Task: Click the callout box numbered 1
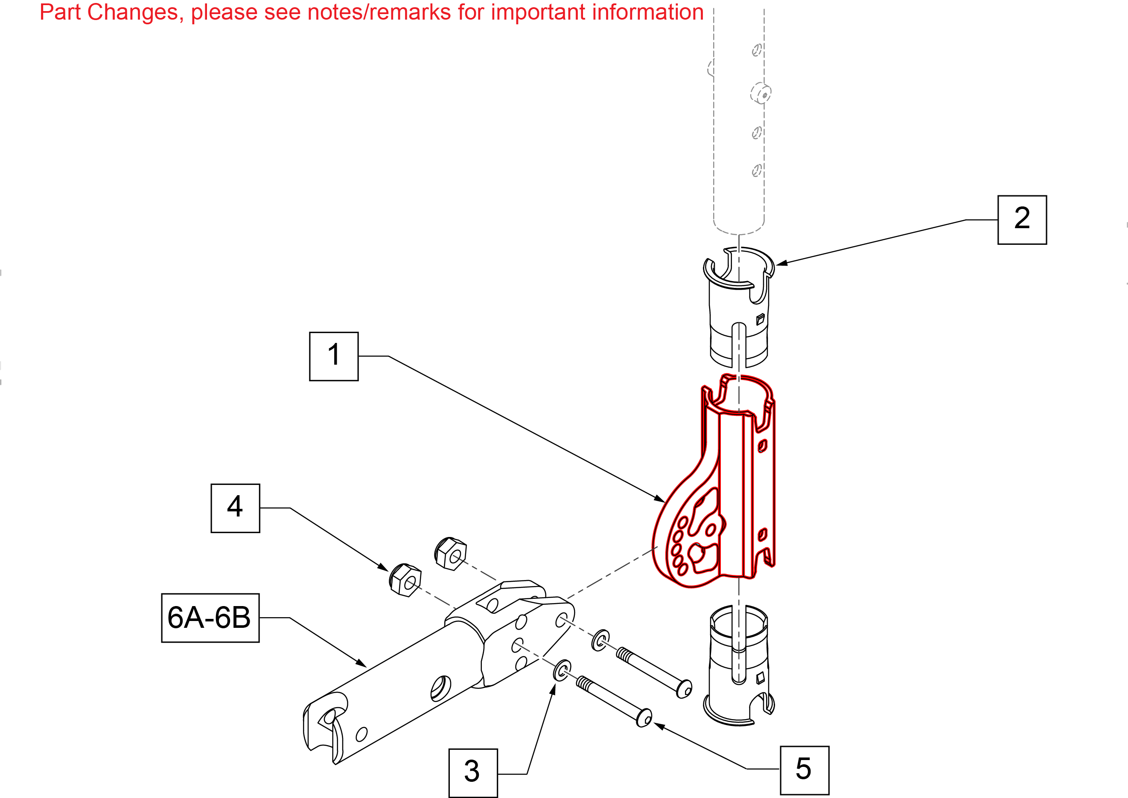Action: click(x=333, y=356)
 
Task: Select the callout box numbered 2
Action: click(x=1022, y=220)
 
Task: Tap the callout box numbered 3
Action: click(x=472, y=773)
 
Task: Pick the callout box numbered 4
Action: click(x=235, y=508)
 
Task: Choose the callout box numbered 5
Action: click(x=804, y=770)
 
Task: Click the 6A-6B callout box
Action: click(x=210, y=618)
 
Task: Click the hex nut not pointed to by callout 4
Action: click(x=450, y=554)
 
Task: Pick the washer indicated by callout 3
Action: click(x=562, y=670)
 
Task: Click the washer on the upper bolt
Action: click(x=600, y=640)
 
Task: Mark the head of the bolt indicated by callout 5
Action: click(x=644, y=718)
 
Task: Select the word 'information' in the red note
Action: click(x=646, y=12)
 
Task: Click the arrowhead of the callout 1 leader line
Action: click(x=660, y=499)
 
